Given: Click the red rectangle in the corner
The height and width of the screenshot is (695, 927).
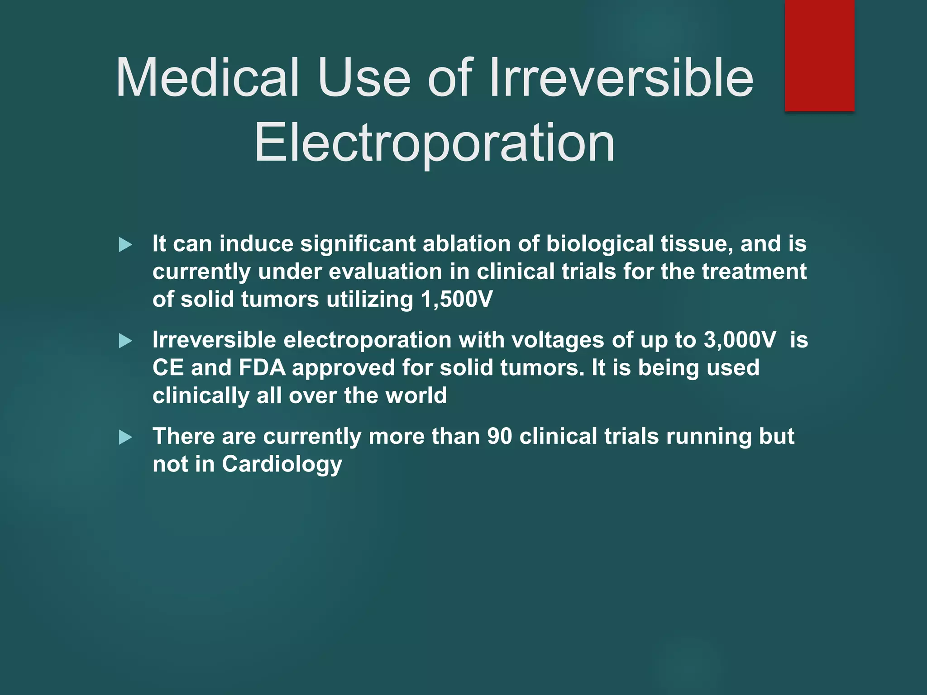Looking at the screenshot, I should pos(819,55).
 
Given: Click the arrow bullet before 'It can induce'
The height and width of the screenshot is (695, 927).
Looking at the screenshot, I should pos(125,245).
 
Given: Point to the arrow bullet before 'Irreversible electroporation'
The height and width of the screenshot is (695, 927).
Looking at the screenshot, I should pos(125,341).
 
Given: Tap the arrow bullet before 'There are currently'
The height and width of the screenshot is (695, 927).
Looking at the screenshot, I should pos(125,438).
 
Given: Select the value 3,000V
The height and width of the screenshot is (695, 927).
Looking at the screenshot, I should pos(740,340).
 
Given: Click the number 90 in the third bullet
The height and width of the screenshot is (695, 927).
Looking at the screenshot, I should pos(500,437).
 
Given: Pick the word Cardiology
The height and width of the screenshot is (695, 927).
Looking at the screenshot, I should pos(282,465).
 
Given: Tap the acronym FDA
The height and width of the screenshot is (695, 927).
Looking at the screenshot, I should pos(262,368).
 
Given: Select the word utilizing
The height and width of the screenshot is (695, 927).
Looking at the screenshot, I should pos(370,300).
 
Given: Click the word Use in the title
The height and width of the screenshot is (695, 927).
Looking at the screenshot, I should pos(364,78).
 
